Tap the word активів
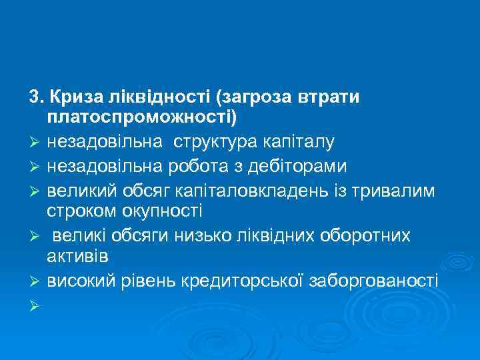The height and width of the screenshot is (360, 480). tap(77, 256)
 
